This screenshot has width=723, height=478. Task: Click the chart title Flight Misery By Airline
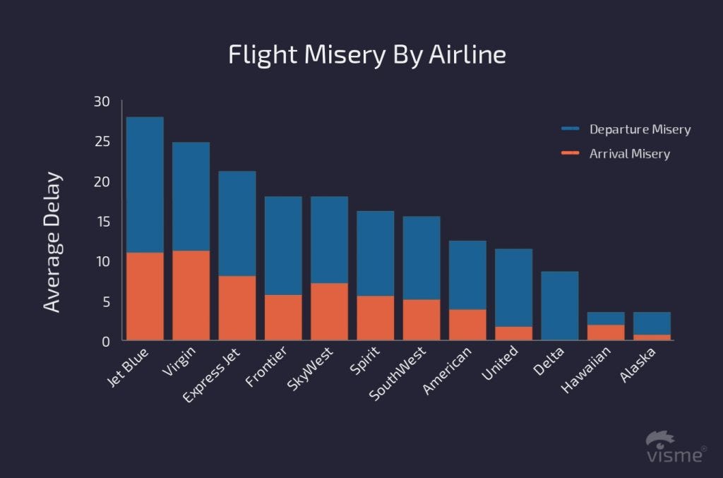pos(367,55)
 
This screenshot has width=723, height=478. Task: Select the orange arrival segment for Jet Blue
pos(145,297)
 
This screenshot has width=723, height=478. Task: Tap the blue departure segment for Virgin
pos(191,196)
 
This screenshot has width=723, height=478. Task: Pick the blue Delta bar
pos(560,306)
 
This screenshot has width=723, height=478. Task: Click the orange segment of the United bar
pos(514,333)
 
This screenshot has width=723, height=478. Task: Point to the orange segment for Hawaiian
pos(606,333)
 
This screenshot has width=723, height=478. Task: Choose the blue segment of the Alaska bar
pos(652,323)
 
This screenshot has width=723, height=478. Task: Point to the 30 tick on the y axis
pos(102,102)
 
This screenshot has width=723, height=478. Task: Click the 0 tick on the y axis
pos(106,342)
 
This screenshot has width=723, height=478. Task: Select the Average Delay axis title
pos(52,241)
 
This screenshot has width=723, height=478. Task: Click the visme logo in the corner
pos(675,448)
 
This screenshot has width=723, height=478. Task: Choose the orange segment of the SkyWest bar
pos(329,311)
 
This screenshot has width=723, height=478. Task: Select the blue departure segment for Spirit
pos(375,253)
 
